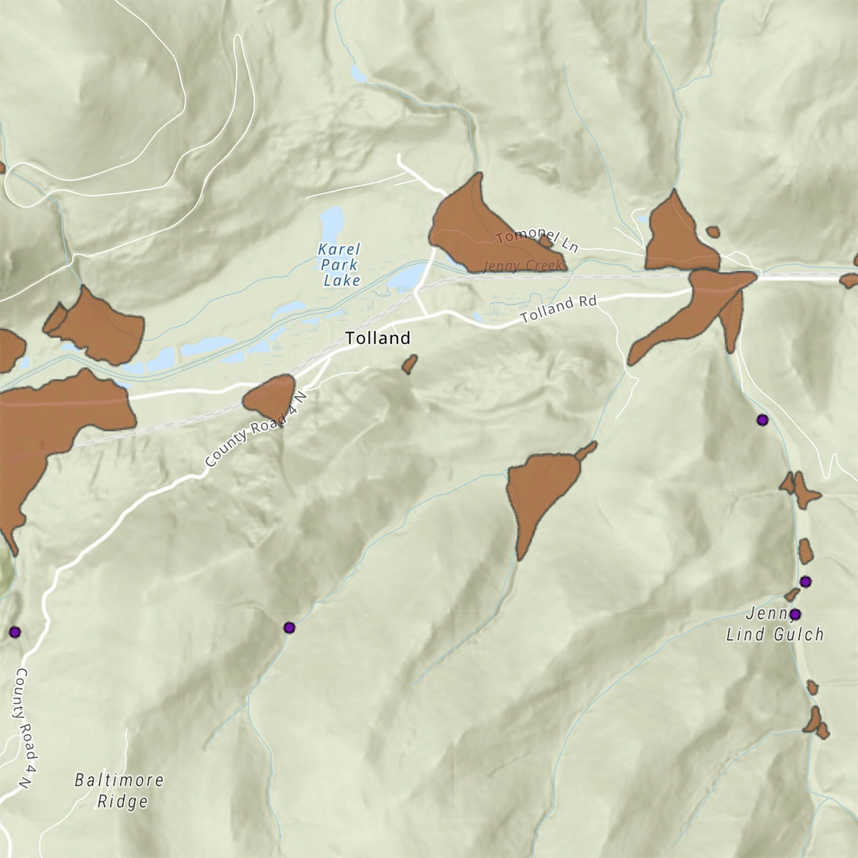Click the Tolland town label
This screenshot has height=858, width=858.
click(378, 338)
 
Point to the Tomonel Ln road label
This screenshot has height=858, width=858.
click(536, 240)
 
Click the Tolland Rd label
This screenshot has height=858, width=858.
click(558, 310)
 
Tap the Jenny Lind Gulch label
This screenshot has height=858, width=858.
click(775, 624)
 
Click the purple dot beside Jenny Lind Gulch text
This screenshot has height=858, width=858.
click(794, 613)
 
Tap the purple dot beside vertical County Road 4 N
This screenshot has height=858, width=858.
click(14, 632)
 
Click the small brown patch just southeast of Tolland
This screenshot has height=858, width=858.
click(409, 365)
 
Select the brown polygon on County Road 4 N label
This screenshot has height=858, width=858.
click(270, 398)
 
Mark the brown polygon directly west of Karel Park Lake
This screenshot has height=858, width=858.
click(97, 325)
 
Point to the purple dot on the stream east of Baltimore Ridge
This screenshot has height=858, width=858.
click(289, 628)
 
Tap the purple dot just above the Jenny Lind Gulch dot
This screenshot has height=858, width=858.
click(806, 581)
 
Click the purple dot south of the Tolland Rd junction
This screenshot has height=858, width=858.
click(762, 420)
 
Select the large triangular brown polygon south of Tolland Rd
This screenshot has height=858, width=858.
click(541, 490)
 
